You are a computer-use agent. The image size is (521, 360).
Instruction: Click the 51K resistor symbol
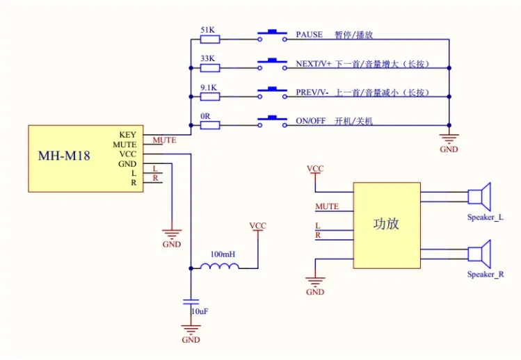210,40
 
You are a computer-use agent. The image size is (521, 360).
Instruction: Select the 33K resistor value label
208,58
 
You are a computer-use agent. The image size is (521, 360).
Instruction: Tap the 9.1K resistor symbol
210,97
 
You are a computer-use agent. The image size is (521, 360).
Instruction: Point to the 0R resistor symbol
210,125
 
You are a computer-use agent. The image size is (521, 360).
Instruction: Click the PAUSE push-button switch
272,35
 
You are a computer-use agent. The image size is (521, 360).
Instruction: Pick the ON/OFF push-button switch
272,121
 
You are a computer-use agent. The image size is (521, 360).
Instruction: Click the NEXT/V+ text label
314,64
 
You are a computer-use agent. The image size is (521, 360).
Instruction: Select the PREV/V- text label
312,92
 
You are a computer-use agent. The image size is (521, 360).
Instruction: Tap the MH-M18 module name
64,156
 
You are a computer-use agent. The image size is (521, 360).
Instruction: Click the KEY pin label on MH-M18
127,135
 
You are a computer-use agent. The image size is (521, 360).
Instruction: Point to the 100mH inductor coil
220,266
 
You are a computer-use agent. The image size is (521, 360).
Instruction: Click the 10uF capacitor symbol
191,302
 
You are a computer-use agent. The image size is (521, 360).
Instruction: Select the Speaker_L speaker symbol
479,197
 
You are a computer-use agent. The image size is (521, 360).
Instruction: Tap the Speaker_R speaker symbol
479,254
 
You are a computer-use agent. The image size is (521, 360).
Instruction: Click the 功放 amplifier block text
386,224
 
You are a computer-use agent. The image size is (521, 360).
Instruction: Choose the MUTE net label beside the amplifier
327,206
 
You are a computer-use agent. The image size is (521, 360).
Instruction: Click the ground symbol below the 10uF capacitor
191,329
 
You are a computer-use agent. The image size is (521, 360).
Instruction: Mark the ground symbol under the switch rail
449,139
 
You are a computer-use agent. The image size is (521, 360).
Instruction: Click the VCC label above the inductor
258,226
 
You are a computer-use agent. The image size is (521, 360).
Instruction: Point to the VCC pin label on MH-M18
128,154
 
